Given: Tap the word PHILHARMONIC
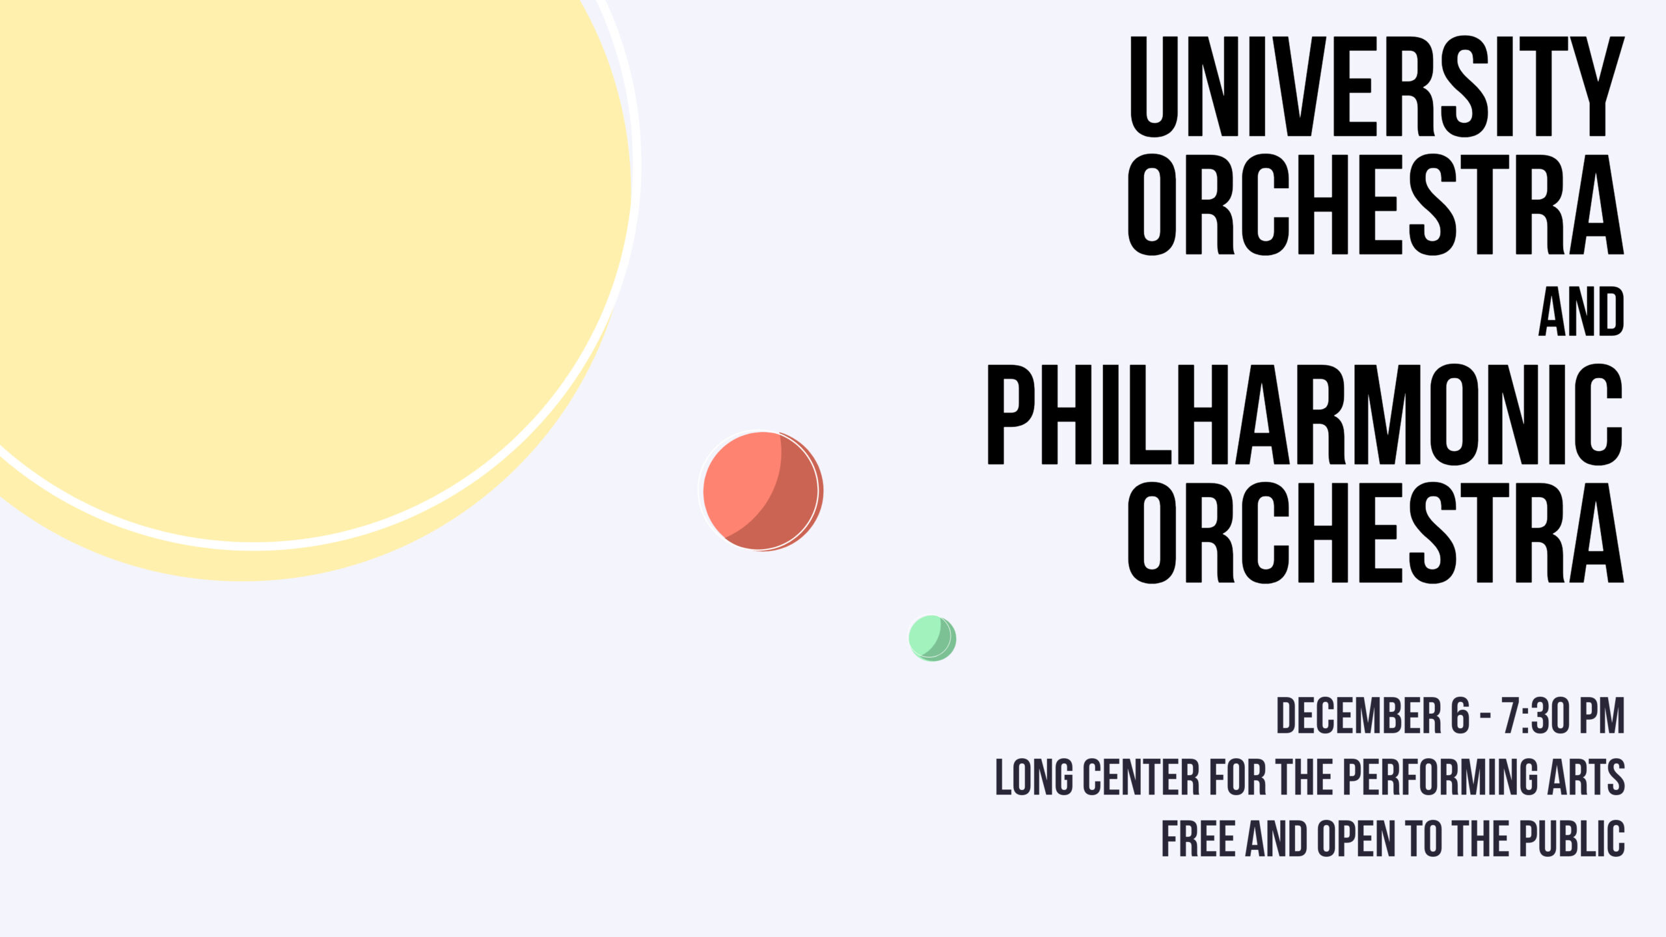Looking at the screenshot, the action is pyautogui.click(x=1305, y=414).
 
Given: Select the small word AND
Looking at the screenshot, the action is pyautogui.click(x=1581, y=312).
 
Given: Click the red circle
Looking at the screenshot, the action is pyautogui.click(x=762, y=491).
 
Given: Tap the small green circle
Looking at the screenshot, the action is pyautogui.click(x=932, y=638).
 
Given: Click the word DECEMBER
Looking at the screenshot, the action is pyautogui.click(x=1359, y=716).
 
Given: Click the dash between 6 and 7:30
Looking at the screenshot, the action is pyautogui.click(x=1486, y=717).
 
